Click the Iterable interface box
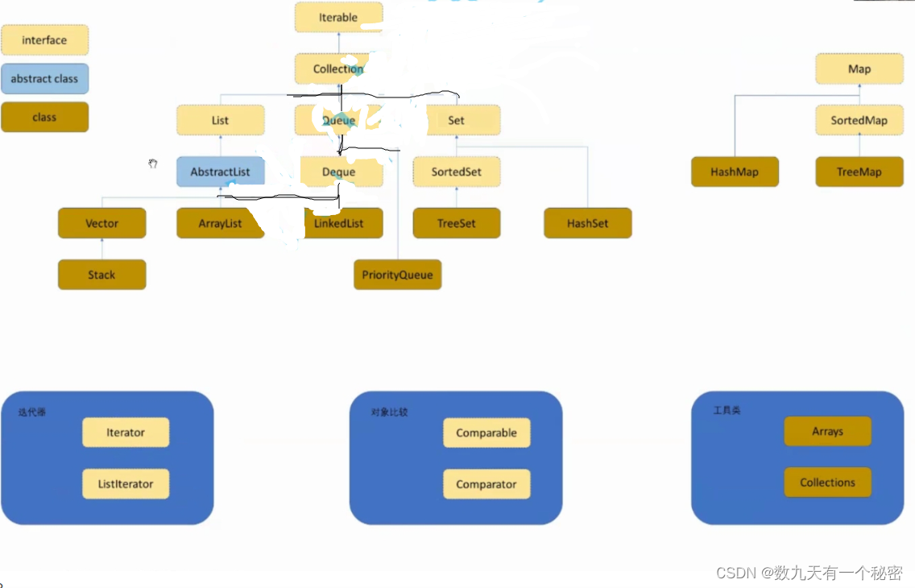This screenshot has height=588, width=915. [x=338, y=17]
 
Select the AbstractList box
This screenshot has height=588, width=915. [x=220, y=172]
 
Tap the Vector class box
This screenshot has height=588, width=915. [x=101, y=223]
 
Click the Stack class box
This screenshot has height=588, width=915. [x=101, y=275]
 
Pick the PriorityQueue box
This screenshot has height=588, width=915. [x=397, y=275]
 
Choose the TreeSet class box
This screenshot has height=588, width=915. [x=457, y=223]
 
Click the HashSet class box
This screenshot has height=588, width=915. [x=587, y=223]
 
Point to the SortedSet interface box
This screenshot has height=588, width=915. [x=457, y=172]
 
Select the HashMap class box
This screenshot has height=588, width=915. [x=735, y=172]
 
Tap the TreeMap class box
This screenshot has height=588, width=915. [x=859, y=172]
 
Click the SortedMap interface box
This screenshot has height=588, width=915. [x=859, y=120]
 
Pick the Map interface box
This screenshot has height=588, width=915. [x=859, y=68]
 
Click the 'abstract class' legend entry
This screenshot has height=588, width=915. [x=44, y=79]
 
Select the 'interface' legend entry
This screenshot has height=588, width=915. [x=44, y=39]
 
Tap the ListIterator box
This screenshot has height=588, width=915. [x=126, y=484]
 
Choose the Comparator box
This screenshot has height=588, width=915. [x=486, y=484]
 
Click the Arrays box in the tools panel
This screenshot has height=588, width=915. [x=827, y=431]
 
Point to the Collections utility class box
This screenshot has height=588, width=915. [x=827, y=482]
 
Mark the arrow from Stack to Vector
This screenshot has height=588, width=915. [x=101, y=249]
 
